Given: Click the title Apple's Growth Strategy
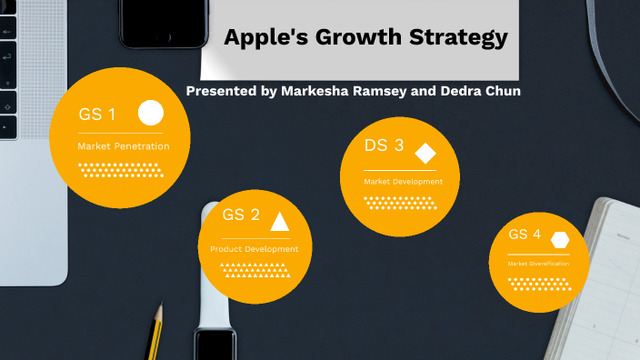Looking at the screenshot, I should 365,38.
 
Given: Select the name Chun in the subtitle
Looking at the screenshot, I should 501,92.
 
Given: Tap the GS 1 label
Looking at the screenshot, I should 97,115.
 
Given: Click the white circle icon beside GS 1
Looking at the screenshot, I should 151,114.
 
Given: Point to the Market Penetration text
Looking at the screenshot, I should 123,145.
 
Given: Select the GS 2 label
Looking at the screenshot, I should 241,215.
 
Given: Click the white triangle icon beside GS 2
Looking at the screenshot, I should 280,221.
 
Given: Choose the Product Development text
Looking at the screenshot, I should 254,248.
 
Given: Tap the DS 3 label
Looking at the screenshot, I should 385,145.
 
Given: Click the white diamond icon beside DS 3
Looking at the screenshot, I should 425,152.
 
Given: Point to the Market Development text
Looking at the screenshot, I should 403,182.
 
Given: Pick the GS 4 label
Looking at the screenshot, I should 525,235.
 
